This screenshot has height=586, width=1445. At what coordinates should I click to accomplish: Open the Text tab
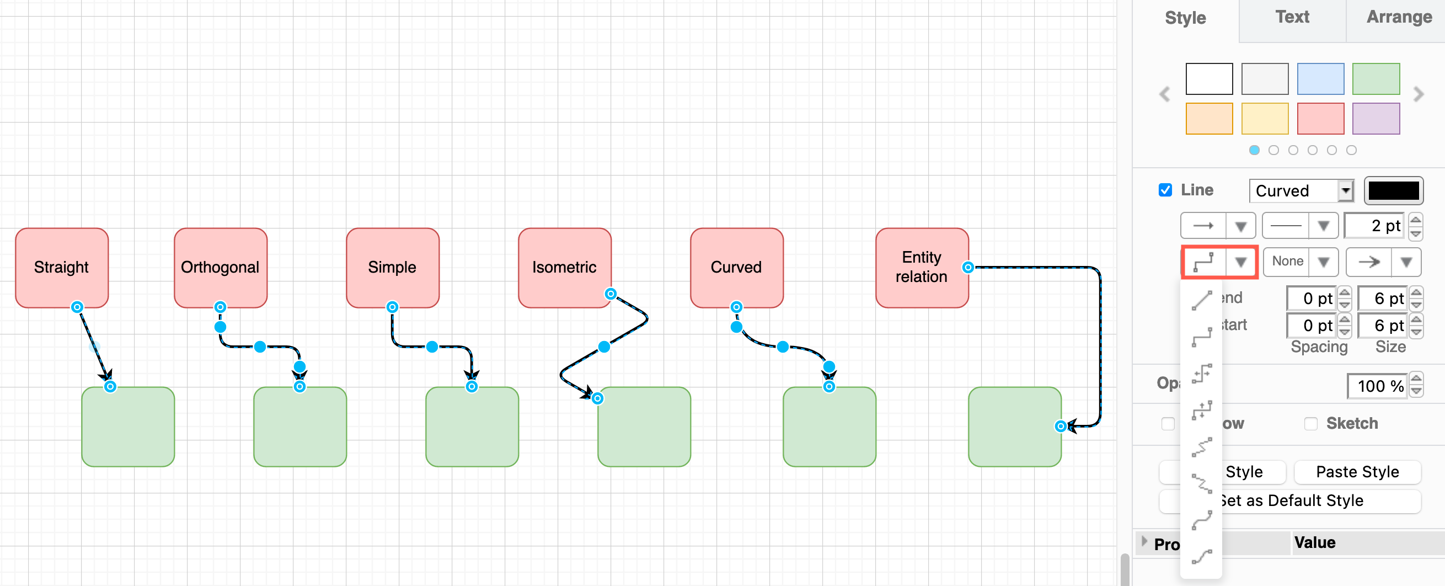1292,18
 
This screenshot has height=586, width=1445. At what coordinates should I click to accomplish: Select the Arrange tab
1399,18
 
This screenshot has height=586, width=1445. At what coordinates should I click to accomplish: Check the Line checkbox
1165,190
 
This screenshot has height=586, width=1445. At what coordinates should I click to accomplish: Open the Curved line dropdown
1301,191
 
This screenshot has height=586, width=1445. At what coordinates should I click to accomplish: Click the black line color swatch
1393,191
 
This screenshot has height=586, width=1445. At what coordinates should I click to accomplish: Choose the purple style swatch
1376,119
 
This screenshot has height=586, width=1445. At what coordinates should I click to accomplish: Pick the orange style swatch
1209,119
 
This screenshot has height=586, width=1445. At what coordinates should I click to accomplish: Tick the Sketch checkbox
1310,423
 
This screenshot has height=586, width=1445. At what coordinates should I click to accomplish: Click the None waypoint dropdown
1300,262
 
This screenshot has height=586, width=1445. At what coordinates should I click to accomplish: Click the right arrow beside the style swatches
1419,94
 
